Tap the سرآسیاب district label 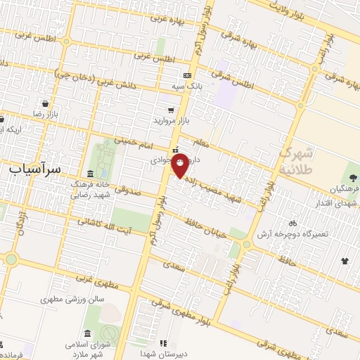[37, 169]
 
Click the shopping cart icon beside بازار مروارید [172, 110]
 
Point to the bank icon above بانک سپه [186, 75]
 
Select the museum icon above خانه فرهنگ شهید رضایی [89, 174]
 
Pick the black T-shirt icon [345, 262]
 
